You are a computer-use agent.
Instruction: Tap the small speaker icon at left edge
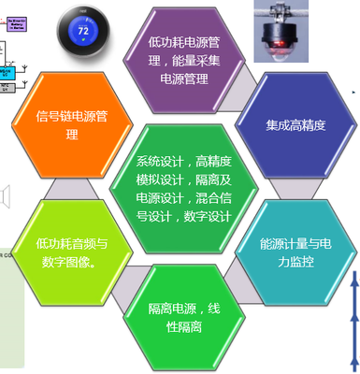point(5,195)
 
